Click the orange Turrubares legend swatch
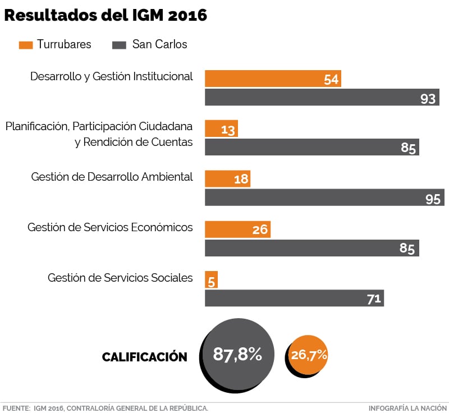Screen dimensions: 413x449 point(25,44)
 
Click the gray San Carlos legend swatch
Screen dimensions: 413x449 point(119,44)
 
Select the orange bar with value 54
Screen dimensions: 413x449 point(273,79)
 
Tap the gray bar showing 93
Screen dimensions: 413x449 point(322,98)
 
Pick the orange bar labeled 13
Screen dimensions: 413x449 point(221,129)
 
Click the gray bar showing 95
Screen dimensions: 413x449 point(324,198)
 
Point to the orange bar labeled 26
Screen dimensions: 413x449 point(237,229)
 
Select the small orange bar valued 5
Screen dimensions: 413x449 point(211,279)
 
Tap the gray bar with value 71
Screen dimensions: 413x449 point(294,298)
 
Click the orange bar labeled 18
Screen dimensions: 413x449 point(227,178)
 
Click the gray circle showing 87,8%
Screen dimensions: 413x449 point(238,354)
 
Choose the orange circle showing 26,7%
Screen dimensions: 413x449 point(309,355)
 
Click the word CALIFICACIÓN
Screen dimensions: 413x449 point(144,357)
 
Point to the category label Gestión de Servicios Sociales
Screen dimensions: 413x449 point(120,278)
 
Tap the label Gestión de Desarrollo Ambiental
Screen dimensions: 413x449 point(112,177)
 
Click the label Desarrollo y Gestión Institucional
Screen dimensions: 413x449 point(111,76)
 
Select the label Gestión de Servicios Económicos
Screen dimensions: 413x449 point(110,227)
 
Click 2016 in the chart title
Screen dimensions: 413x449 point(187,15)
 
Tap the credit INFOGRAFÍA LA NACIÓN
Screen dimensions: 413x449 point(408,408)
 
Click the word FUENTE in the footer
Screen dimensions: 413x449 point(16,408)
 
